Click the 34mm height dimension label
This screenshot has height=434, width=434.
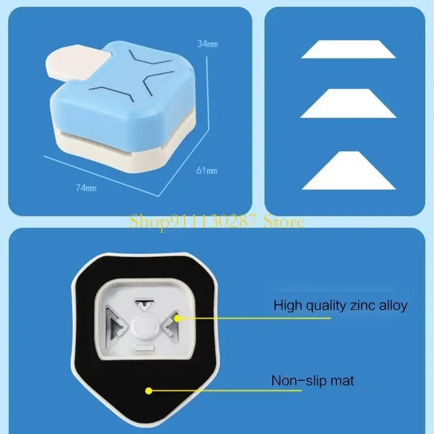tap(208, 44)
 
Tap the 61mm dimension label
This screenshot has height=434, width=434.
tap(207, 170)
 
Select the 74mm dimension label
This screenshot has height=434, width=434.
tap(86, 188)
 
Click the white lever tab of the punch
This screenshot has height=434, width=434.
tap(75, 63)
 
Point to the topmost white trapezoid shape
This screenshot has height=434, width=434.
tap(349, 49)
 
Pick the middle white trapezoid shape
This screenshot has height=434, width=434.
tap(348, 103)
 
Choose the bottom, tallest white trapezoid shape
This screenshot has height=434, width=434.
tap(349, 170)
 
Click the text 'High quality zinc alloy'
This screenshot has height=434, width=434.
tap(341, 305)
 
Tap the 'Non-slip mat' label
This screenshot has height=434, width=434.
tap(312, 381)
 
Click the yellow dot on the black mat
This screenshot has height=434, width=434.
tap(149, 391)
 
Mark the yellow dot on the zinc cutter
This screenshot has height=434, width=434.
tap(178, 318)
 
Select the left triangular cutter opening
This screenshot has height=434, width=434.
tap(117, 324)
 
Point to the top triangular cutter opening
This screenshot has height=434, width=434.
tap(144, 304)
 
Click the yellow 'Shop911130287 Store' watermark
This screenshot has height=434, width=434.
tap(217, 222)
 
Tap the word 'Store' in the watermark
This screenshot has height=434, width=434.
tap(284, 222)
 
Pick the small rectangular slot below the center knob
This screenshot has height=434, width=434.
tap(144, 348)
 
